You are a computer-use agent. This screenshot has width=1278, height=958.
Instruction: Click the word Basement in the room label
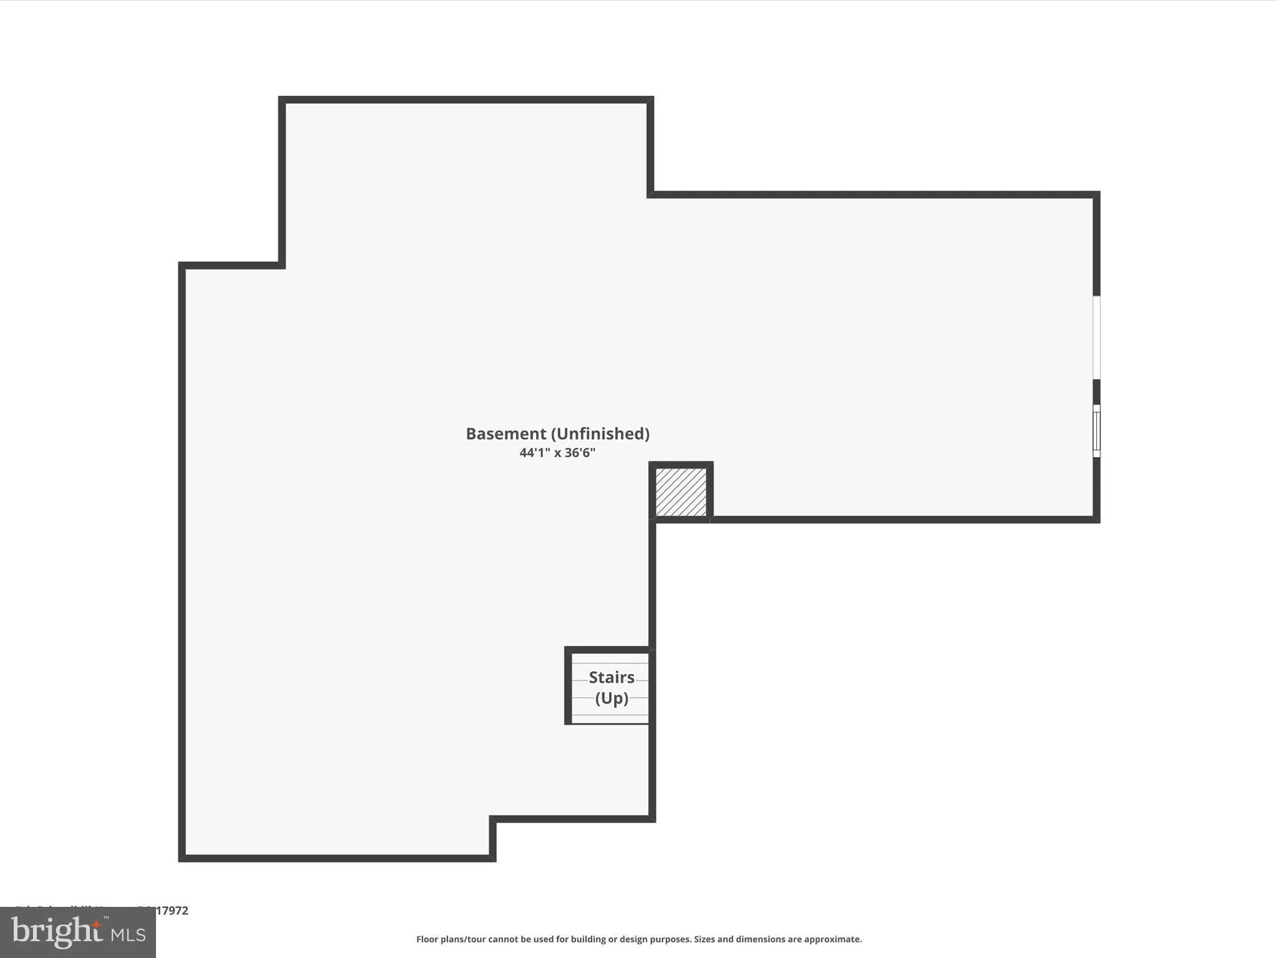point(506,433)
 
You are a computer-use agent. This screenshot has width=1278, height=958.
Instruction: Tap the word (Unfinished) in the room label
point(600,433)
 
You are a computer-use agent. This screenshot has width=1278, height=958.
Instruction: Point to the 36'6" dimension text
point(580,453)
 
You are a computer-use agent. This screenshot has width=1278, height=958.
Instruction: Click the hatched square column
point(681,492)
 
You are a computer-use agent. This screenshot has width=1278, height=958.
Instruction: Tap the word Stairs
point(612,677)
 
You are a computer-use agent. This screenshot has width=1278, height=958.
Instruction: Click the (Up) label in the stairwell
point(612,698)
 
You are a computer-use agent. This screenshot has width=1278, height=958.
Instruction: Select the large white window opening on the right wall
point(1096,337)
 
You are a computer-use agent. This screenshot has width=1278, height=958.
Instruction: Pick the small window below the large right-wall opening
point(1096,431)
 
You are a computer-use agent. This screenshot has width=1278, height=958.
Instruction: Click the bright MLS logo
point(78,932)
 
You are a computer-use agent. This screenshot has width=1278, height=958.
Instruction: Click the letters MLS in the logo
point(129,935)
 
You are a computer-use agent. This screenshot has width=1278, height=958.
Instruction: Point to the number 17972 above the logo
point(172,911)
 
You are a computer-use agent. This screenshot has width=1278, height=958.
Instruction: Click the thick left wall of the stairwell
point(568,686)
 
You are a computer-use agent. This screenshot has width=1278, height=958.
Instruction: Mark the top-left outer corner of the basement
point(281,100)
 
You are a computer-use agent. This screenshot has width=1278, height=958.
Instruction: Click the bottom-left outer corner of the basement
point(182,859)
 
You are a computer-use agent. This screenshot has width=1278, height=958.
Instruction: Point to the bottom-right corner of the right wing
point(1096,520)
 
